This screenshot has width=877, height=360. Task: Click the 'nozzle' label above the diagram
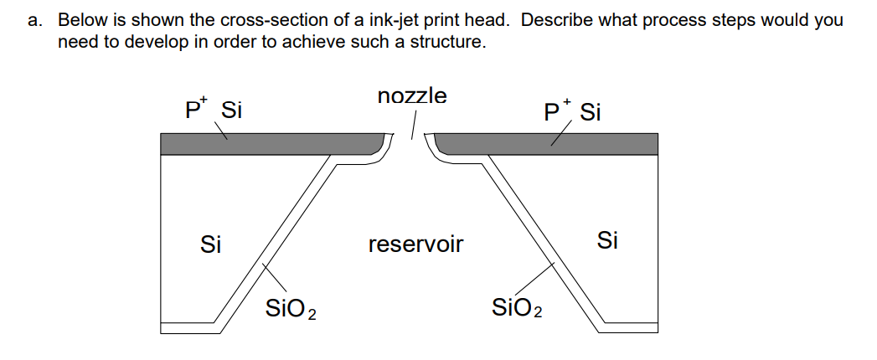click(412, 96)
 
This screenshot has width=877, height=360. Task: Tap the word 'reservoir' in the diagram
click(415, 244)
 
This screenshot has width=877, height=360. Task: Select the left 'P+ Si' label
click(213, 110)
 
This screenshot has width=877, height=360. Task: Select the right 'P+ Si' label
click(571, 111)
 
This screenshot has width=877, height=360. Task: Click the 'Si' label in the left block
click(211, 244)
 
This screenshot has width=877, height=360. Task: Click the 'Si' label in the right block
click(608, 241)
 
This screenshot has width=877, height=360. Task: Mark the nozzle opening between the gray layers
click(412, 147)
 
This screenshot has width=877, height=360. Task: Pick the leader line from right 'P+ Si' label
click(560, 134)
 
